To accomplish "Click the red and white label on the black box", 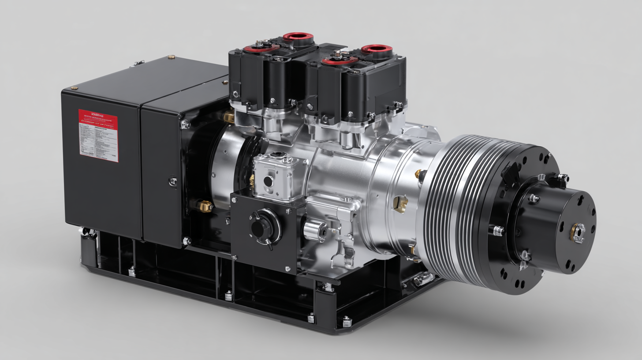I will [x=98, y=136].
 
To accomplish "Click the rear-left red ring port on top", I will [x=298, y=37].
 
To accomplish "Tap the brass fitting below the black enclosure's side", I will [x=205, y=206].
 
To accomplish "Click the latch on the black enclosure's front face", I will [x=173, y=181].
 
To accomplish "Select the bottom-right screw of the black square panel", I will [x=288, y=268].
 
